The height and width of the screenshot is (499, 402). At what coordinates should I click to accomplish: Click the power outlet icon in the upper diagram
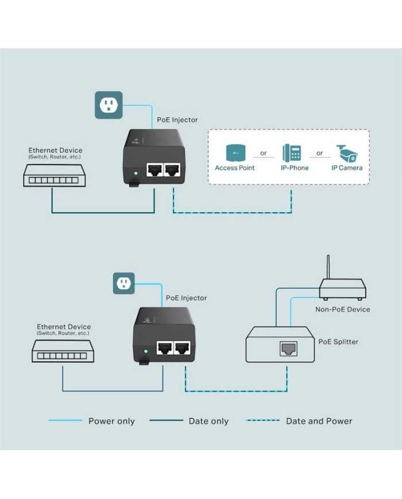coord(109,105)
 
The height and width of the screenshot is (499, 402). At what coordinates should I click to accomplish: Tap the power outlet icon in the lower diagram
coord(124,283)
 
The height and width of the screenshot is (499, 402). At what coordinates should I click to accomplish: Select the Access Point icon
coord(235,153)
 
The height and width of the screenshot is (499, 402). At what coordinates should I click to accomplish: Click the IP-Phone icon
coord(292,153)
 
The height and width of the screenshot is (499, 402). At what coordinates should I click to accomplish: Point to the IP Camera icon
coord(347,153)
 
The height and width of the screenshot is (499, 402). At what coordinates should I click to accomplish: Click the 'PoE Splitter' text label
coord(338,342)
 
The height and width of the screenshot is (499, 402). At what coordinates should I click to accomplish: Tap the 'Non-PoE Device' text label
coord(342,310)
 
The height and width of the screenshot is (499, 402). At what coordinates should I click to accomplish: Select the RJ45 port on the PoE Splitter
coord(288,349)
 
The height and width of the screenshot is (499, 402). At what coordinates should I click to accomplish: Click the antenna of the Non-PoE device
coord(328,267)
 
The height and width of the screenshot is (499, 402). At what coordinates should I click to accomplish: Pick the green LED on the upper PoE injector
coord(136,173)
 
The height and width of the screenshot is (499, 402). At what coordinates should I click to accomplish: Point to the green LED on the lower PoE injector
coord(146,351)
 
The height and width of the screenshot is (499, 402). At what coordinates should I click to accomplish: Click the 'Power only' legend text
coord(111,421)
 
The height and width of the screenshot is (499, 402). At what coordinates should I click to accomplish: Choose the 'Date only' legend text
coord(208,421)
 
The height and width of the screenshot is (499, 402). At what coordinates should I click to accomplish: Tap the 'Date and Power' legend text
coord(319,421)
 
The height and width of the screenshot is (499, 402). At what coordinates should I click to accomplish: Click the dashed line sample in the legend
coord(262,420)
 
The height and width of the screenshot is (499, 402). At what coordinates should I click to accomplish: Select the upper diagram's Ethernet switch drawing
coord(55,176)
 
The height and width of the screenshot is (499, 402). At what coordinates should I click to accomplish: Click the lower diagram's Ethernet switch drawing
coord(63,351)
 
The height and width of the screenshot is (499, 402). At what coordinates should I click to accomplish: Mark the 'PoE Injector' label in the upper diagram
coord(177,120)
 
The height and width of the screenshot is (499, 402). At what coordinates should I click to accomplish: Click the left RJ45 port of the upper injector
coord(154,170)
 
